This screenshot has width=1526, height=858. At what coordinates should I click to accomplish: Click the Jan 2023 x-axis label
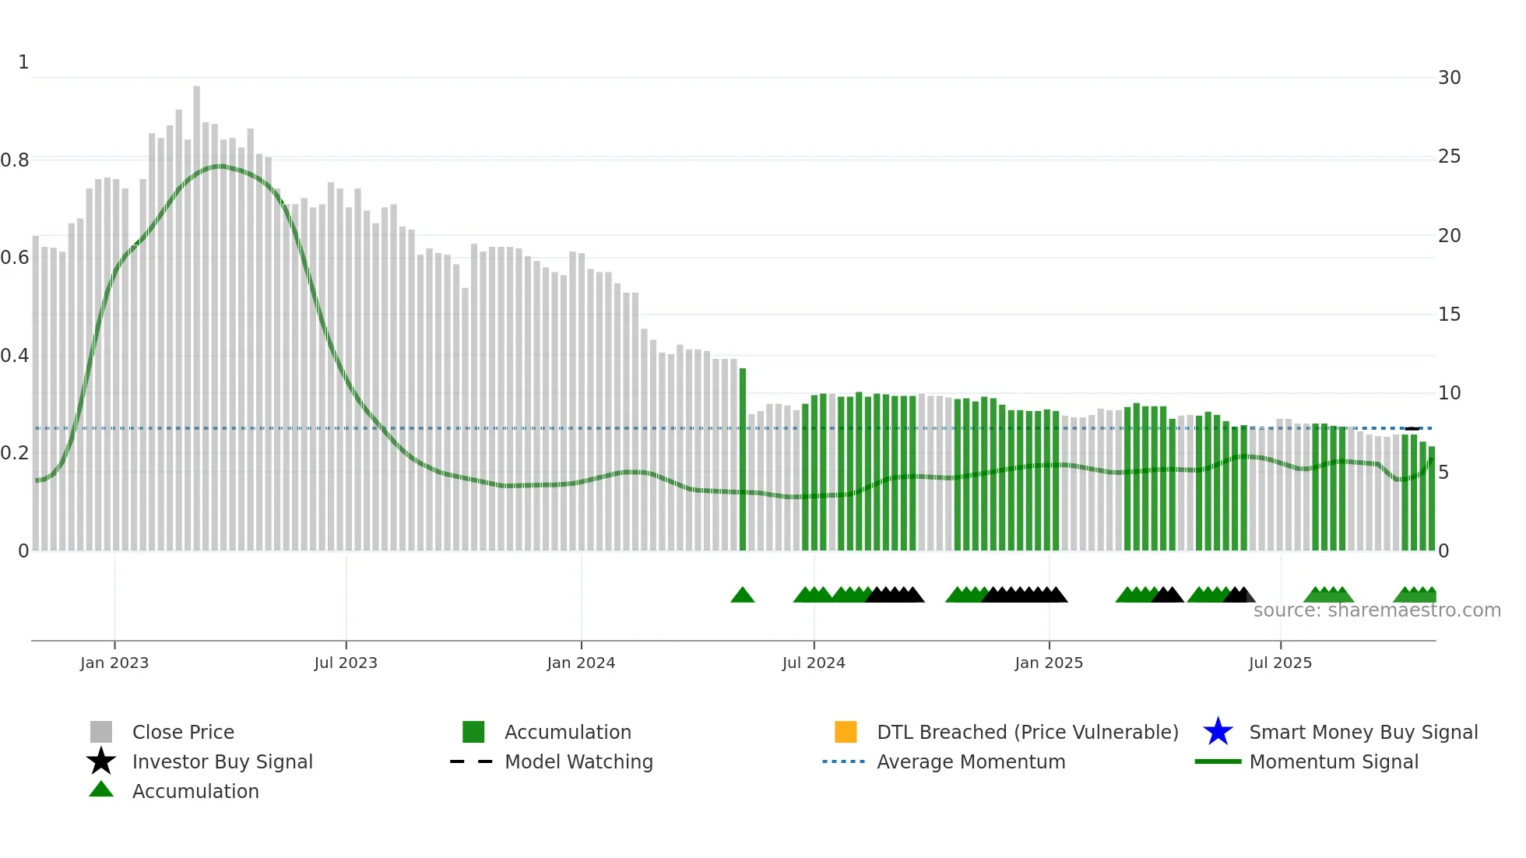[114, 663]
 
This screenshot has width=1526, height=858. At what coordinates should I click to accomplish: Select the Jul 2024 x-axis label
[814, 663]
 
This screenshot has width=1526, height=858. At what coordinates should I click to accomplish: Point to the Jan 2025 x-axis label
[1049, 663]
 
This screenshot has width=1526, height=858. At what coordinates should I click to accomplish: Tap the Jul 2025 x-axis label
[1280, 663]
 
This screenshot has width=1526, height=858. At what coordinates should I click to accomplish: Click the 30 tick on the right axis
[1449, 78]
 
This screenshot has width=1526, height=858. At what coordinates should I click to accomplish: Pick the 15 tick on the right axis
[1449, 315]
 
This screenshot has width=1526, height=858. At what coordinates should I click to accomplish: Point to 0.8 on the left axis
[15, 160]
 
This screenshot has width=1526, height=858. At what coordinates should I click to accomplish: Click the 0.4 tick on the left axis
[15, 356]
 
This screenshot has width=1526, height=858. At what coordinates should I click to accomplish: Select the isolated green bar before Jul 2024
[743, 459]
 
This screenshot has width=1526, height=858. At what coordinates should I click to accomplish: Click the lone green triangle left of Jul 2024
[743, 596]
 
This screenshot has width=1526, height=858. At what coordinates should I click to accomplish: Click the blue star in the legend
[1218, 732]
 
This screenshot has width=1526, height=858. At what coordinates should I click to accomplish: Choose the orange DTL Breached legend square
[846, 732]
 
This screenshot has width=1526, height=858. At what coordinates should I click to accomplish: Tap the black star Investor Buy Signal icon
[101, 761]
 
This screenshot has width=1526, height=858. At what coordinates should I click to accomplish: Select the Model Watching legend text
[578, 761]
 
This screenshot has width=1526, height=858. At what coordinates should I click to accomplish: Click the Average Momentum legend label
[971, 761]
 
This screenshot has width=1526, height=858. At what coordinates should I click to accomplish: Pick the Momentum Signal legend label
[1334, 761]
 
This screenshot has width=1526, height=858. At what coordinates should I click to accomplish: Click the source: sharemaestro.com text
[1377, 610]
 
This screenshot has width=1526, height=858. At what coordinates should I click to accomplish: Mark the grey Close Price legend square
[101, 732]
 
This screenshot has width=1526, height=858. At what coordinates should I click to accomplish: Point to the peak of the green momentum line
[221, 166]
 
